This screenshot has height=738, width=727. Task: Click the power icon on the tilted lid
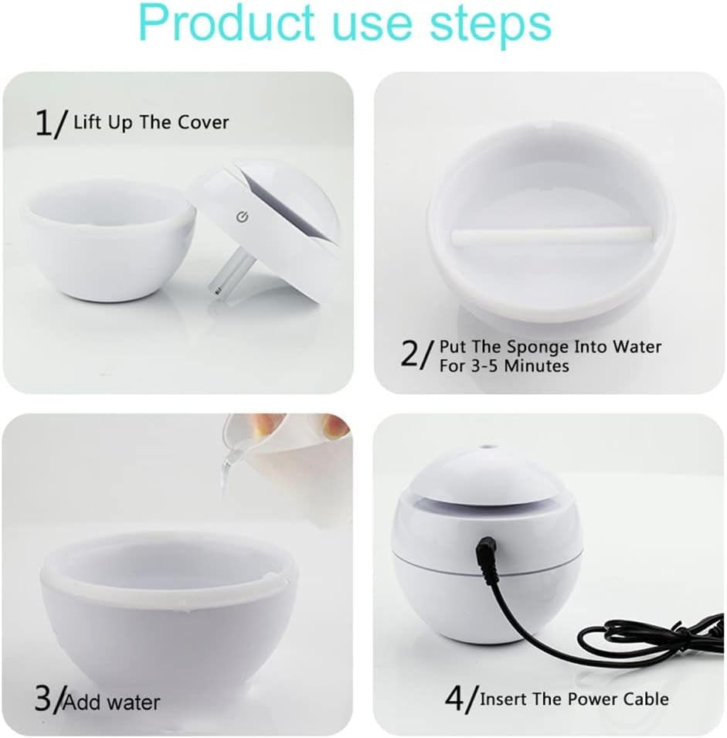[241, 216]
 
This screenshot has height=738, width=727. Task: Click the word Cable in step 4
[643, 699]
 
